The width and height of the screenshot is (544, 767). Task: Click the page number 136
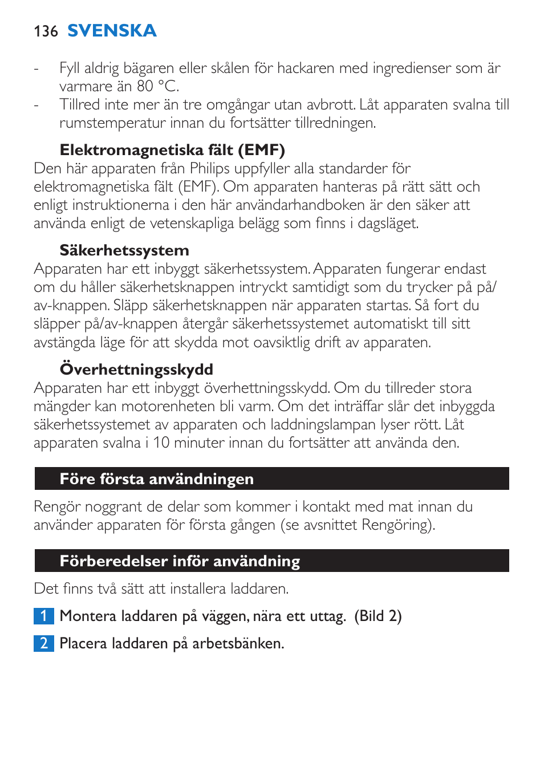click(46, 31)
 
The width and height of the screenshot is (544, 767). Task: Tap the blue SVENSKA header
click(112, 31)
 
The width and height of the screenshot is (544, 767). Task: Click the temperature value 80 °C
click(157, 86)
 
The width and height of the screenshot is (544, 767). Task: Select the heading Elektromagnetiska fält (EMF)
click(172, 150)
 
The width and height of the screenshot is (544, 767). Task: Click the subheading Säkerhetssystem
click(124, 250)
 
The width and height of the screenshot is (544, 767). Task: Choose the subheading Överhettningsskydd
click(136, 370)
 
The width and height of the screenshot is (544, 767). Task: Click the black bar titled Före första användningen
click(271, 479)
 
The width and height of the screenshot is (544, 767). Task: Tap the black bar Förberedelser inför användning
click(271, 561)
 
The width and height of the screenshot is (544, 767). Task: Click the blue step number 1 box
click(43, 616)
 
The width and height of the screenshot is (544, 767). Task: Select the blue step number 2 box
click(43, 643)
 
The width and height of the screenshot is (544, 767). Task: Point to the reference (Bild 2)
click(378, 616)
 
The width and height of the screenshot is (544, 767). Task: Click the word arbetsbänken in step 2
click(238, 643)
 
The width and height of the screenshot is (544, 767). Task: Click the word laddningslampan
click(326, 425)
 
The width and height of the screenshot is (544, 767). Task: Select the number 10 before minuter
click(161, 443)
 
